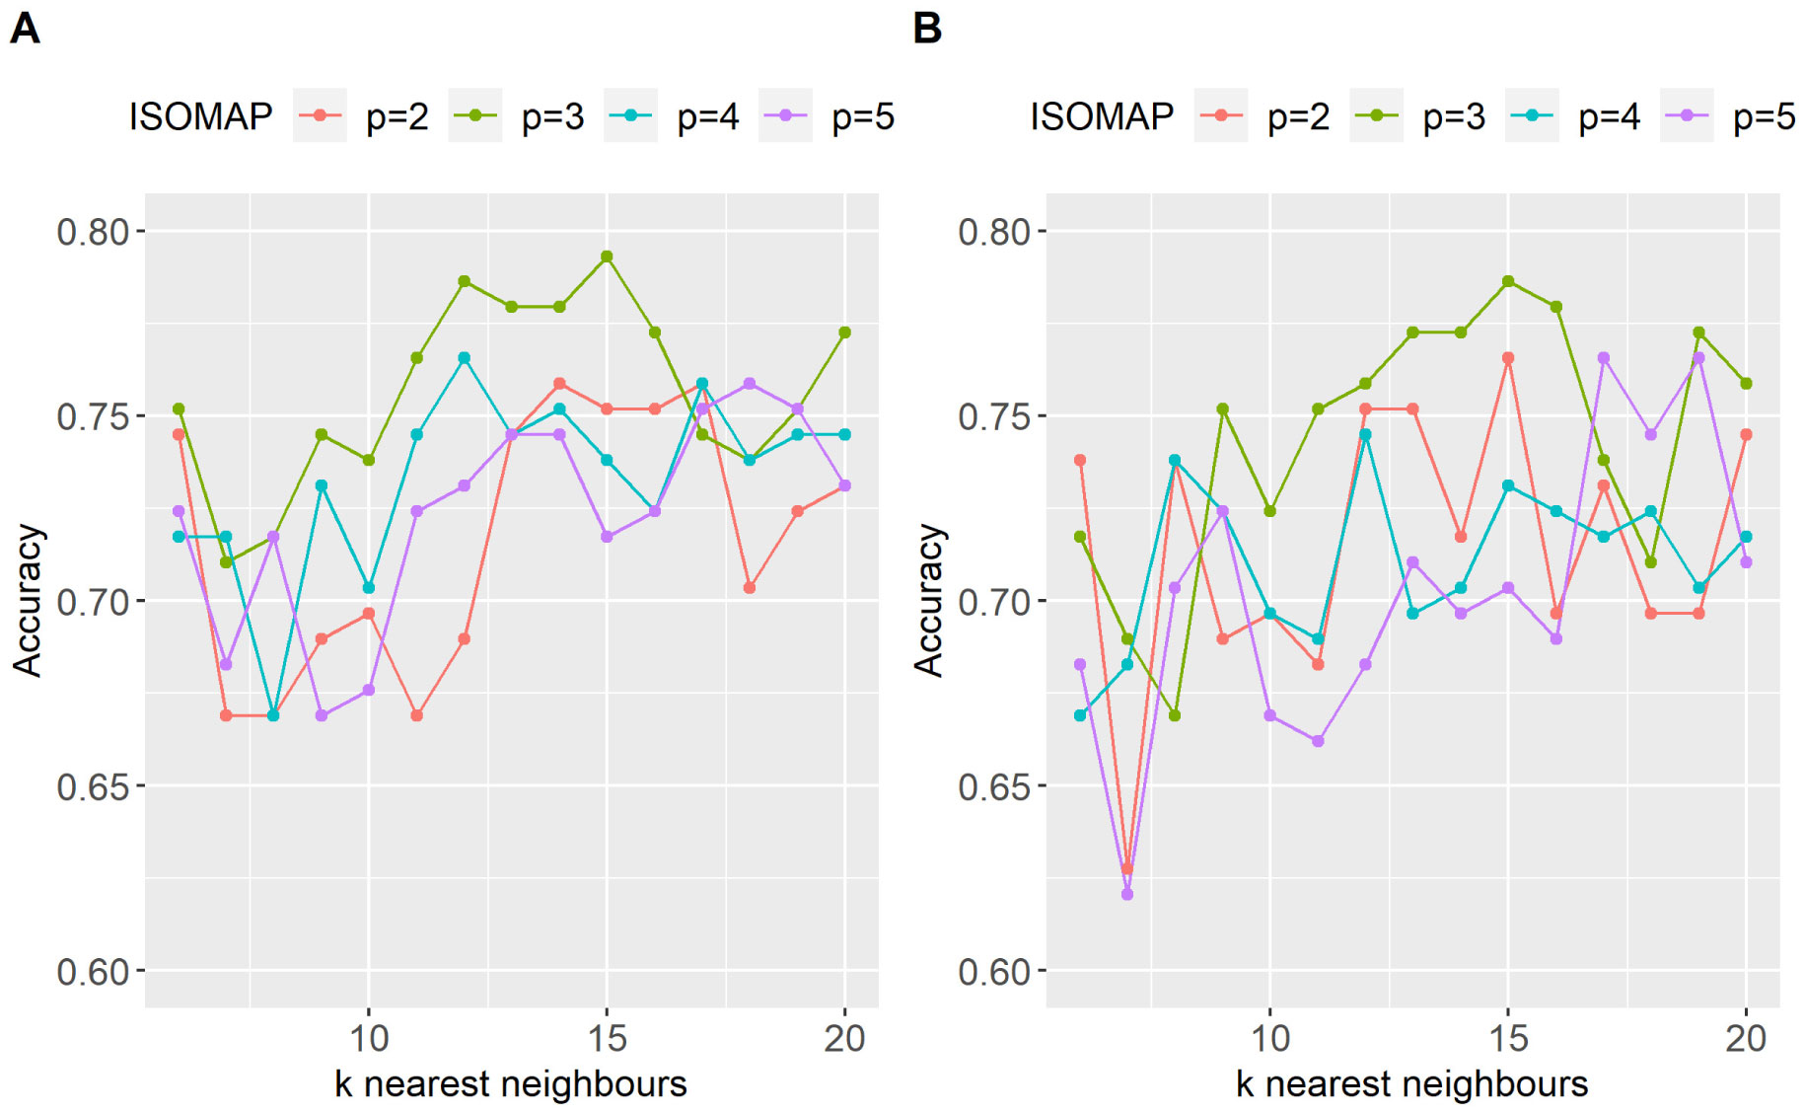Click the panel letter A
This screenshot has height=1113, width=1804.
point(25,29)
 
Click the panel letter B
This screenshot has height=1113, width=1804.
point(927,29)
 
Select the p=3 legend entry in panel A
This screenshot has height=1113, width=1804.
point(518,116)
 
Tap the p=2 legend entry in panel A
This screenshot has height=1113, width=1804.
point(362,116)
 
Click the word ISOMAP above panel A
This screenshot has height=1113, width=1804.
point(200,116)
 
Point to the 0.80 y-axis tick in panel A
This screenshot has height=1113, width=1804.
point(93,232)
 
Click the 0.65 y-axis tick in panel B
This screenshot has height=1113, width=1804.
point(994,786)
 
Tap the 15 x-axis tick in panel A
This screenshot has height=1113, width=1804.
point(607,1038)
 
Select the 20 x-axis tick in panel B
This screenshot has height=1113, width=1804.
point(1746,1038)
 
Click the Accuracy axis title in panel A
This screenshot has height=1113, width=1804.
point(28,600)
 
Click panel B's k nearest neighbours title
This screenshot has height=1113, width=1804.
point(1411,1083)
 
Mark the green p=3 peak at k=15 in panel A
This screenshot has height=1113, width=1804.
point(607,257)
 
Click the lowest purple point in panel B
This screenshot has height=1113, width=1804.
point(1127,894)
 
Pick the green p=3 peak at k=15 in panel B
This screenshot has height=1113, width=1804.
point(1508,281)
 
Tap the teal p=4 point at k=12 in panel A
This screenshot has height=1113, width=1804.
point(464,358)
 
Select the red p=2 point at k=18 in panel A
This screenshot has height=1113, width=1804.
point(750,588)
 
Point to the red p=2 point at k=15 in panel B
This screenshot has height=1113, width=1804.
point(1508,358)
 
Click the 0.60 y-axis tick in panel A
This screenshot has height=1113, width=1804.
point(93,972)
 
